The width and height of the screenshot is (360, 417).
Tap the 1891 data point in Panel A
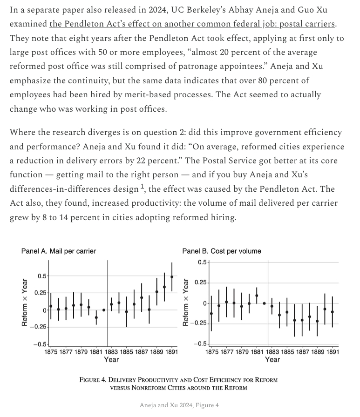tap(172, 277)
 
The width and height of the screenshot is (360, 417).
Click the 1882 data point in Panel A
tap(104, 310)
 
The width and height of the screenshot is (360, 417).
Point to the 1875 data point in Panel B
tap(211, 314)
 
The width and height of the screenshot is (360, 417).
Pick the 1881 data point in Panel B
tap(257, 296)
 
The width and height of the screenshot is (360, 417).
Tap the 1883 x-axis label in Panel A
tap(111, 352)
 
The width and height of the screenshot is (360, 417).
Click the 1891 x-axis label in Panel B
tap(333, 352)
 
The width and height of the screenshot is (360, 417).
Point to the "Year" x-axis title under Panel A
tap(111, 360)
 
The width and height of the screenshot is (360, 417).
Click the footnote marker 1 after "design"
tap(143, 187)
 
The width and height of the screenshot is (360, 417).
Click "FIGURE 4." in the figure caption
tap(94, 380)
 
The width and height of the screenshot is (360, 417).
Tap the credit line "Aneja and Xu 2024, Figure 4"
tap(179, 405)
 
